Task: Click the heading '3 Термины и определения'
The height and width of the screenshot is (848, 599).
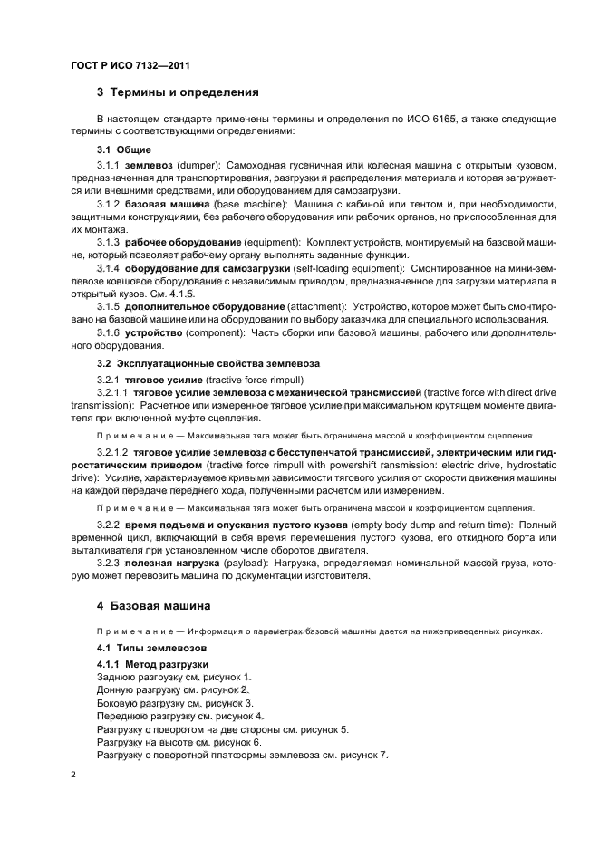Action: click(x=178, y=92)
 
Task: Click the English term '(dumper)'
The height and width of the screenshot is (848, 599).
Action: click(x=198, y=166)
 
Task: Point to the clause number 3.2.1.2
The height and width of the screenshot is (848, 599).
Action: click(x=112, y=450)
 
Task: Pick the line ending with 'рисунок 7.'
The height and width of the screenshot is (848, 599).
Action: click(x=241, y=755)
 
